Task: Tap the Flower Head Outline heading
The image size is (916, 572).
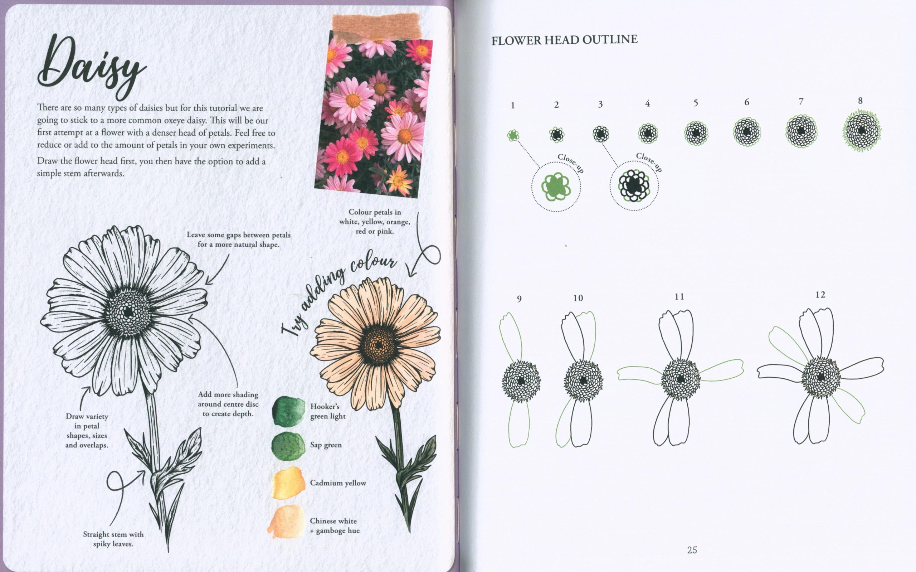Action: coord(564,40)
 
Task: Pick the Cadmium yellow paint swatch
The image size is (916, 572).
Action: coord(288,483)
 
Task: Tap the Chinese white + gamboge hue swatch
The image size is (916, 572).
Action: coord(287,522)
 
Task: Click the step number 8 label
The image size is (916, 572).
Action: coord(860,101)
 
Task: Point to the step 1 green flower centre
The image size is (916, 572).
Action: coord(513,135)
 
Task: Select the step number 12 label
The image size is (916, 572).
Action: coord(820,295)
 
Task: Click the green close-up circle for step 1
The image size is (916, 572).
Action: coord(556,187)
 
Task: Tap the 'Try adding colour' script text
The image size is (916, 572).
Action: coord(339,295)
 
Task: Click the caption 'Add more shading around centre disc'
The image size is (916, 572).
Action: coord(228,399)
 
